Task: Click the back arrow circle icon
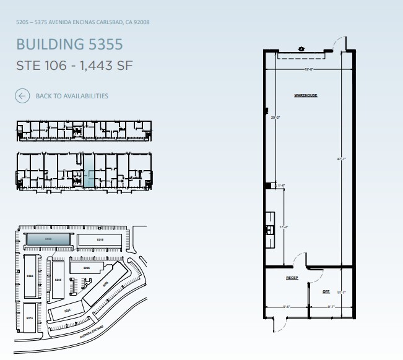[x=22, y=96]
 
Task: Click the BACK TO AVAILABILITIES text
[x=72, y=96]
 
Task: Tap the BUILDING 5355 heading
[x=69, y=45]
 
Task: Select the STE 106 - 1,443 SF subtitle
[x=74, y=66]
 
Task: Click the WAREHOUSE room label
[x=305, y=95]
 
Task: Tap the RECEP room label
[x=292, y=278]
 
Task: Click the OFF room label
[x=326, y=291]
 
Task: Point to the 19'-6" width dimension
[x=310, y=69]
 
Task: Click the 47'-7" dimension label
[x=340, y=159]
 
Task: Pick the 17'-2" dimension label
[x=284, y=227]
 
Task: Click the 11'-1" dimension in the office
[x=340, y=293]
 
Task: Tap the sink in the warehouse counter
[x=270, y=229]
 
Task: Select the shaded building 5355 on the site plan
[x=47, y=239]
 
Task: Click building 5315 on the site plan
[x=100, y=239]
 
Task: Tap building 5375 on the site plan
[x=29, y=317]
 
